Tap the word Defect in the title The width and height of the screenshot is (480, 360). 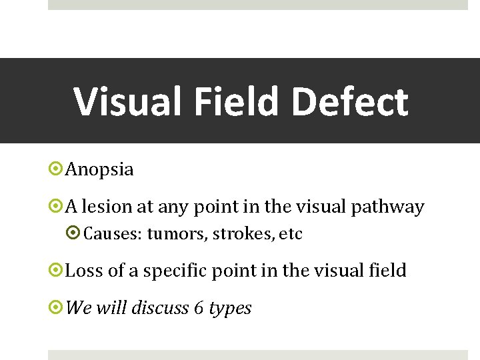coord(350,101)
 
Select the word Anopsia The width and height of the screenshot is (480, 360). coord(99,169)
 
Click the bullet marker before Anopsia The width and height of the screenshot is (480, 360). coord(57,169)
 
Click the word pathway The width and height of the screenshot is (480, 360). coord(391,207)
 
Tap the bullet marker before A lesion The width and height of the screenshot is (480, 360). coord(57,207)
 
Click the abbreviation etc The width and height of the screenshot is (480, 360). coord(291,234)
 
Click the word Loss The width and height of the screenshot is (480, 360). coord(85,271)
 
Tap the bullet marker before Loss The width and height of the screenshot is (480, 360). coord(57,271)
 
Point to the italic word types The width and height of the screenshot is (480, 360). coord(230,308)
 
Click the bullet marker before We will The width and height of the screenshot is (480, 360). coord(57,308)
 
